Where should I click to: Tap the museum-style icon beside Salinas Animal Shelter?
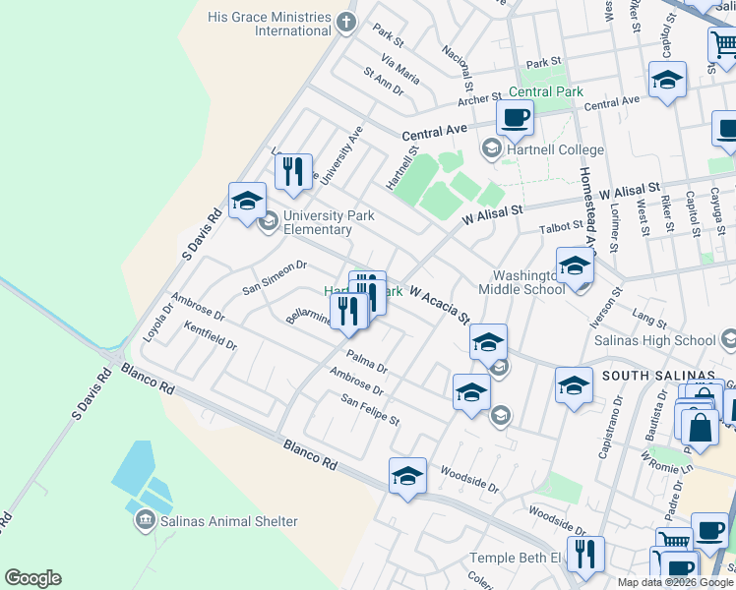(x=146, y=517)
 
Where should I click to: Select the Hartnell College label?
(x=555, y=149)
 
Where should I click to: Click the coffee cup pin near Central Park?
(x=514, y=121)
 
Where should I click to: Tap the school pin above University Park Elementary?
(x=248, y=202)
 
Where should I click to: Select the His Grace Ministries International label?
(x=269, y=24)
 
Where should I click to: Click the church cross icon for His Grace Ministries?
(x=344, y=21)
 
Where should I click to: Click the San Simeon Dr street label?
(x=276, y=278)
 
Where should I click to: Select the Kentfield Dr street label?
(x=211, y=338)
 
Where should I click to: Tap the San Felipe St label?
(x=370, y=412)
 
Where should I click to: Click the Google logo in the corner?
(x=32, y=578)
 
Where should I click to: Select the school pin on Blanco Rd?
(x=407, y=478)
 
